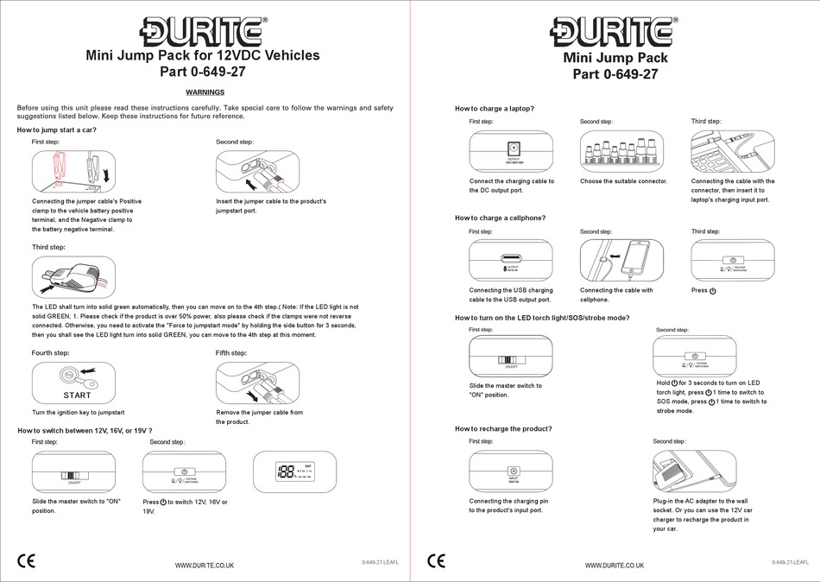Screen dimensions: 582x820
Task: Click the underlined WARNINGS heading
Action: coord(205,92)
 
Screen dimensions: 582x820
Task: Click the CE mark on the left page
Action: coord(27,561)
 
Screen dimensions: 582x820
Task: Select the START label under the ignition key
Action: coord(77,395)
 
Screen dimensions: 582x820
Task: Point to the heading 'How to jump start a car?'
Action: coord(57,130)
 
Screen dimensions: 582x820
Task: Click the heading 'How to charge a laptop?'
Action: coord(495,108)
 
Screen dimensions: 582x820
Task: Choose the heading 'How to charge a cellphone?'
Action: coord(501,218)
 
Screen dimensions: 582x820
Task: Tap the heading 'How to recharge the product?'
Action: coord(503,428)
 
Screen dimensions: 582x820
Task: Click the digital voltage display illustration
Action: coord(294,472)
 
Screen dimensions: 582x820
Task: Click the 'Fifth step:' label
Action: coord(231,353)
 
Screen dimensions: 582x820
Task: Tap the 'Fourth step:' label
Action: coord(51,353)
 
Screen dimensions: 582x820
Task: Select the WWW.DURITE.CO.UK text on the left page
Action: coord(205,565)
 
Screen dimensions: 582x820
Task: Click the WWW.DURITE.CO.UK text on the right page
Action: coord(615,565)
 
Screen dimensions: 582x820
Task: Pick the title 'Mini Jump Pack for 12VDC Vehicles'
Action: coord(203,55)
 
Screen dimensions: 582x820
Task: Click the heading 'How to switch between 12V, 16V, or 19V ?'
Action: coord(85,430)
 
